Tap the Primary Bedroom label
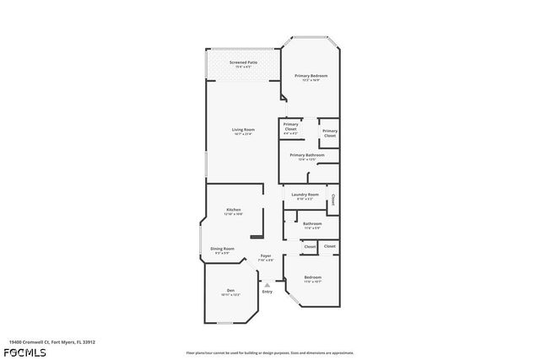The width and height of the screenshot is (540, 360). pos(310,76)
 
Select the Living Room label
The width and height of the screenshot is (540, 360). pos(243,129)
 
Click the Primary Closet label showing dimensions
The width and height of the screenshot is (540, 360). pos(290,126)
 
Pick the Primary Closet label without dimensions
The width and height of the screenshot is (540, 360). pos(330,132)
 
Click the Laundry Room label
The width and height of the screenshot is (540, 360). pos(305,195)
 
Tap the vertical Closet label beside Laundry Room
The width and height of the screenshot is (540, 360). pos(332,201)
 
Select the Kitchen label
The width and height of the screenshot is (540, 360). pos(234,209)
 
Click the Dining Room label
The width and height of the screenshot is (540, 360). pos(223,249)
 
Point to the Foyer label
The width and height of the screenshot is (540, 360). pos(265,255)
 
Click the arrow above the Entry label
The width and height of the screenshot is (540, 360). pos(267,285)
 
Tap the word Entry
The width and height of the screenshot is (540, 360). pos(267,292)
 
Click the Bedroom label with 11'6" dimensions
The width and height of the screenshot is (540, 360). pos(312,277)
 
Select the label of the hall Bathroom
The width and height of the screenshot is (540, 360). pos(312,223)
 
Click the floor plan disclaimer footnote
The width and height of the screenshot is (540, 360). pos(269,352)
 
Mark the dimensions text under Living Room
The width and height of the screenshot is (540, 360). pos(243,133)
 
